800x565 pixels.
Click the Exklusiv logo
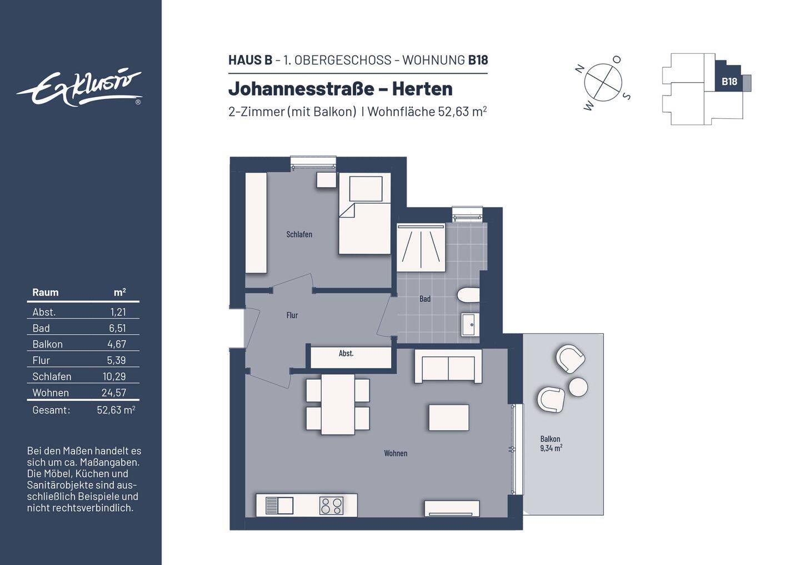click(79, 88)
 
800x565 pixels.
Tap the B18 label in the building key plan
click(729, 82)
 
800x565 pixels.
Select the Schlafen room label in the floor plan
click(299, 235)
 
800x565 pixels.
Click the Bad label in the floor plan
click(425, 299)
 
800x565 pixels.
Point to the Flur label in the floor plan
click(292, 315)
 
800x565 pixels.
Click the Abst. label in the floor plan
click(346, 354)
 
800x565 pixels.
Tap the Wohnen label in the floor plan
click(396, 453)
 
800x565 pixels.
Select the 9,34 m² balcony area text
click(551, 448)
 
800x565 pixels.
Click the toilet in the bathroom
click(468, 295)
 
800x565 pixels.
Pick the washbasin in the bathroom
click(470, 324)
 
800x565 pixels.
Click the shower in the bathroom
click(421, 248)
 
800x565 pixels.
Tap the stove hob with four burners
click(331, 506)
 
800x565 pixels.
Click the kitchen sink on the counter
click(280, 506)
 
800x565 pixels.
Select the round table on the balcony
click(578, 387)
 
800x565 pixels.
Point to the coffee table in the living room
click(448, 417)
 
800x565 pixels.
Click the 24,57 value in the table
click(113, 393)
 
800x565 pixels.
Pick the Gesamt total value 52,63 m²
click(116, 410)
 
